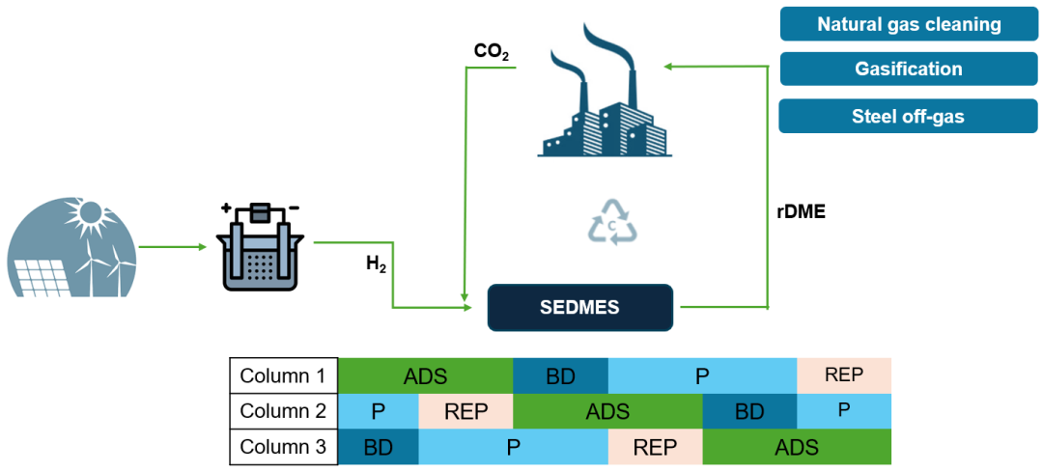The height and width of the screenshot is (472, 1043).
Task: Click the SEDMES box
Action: point(579,307)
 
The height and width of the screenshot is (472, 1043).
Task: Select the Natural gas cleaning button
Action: point(908,24)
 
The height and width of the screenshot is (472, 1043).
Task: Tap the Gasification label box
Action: point(908,69)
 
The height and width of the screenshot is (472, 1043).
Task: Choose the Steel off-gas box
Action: point(908,116)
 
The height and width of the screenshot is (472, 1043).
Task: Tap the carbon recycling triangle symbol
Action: point(614,222)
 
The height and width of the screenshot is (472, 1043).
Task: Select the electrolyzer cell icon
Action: point(259,246)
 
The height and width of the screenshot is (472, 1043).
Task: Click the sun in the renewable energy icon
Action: point(92,211)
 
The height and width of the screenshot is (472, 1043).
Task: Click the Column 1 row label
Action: point(284,375)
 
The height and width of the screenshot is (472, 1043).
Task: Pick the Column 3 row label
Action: point(284,447)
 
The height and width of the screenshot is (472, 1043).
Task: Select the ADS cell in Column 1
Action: point(425,375)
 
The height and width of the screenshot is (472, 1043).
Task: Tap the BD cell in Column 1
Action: point(560,375)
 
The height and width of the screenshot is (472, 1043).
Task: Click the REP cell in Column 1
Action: point(843,375)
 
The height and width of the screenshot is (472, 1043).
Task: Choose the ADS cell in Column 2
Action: point(607,411)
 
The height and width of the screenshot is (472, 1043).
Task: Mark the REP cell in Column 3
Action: point(655,447)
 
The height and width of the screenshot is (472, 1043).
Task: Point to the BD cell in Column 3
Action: point(379,447)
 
